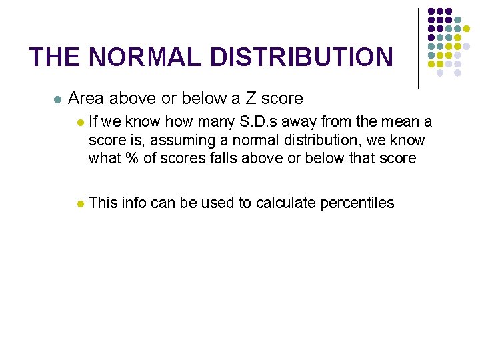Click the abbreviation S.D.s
point(253,122)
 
